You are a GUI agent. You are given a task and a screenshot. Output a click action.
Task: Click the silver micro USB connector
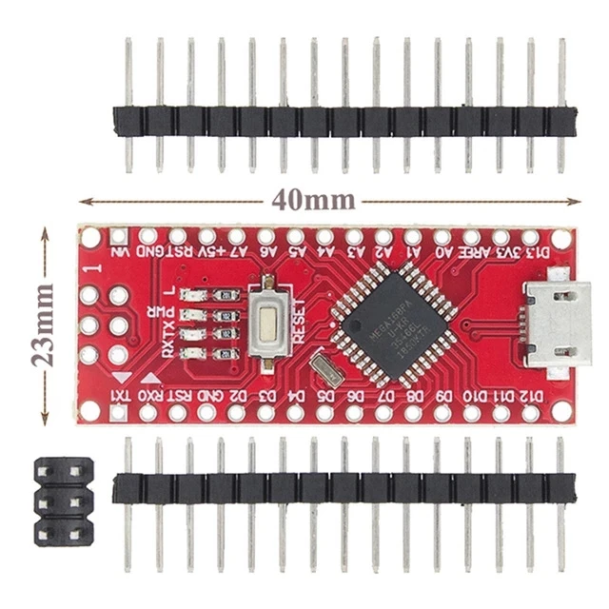[556, 321]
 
